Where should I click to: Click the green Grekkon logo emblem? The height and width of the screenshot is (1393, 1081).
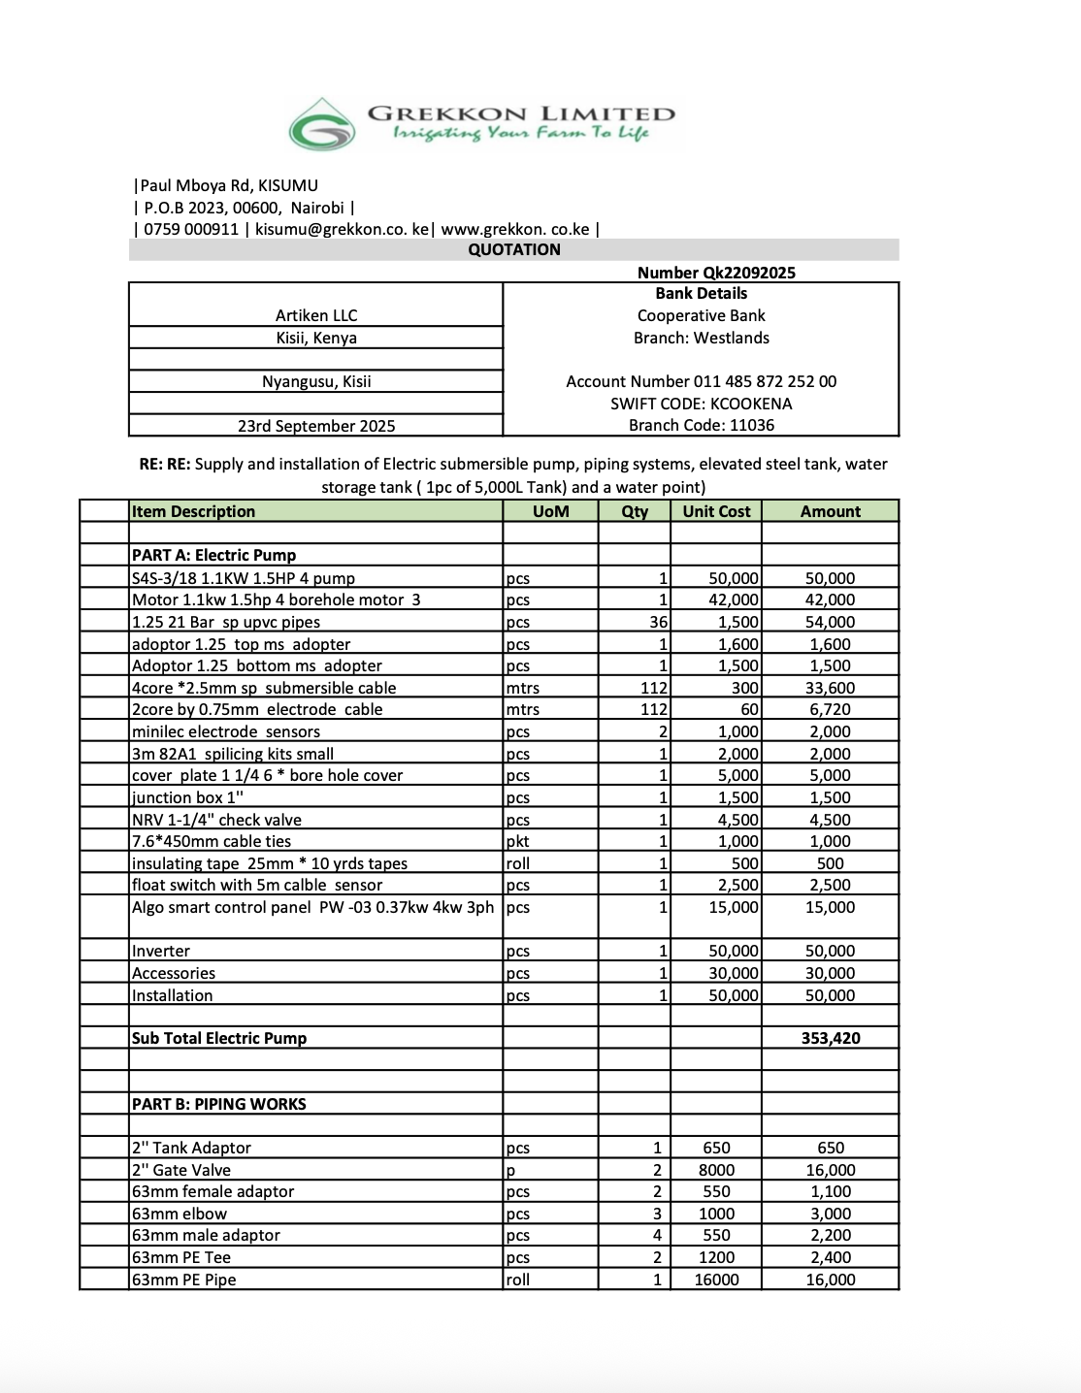[323, 125]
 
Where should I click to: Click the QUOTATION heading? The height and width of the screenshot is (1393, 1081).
[514, 249]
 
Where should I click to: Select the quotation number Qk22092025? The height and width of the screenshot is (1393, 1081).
[716, 273]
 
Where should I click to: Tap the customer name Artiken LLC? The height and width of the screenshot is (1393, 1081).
[316, 315]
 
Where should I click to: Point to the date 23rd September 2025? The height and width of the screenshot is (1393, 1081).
[316, 426]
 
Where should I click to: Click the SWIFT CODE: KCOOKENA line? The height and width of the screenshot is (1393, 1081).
[701, 404]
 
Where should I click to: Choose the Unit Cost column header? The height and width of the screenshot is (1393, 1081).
[716, 511]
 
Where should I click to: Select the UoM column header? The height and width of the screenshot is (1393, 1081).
[550, 511]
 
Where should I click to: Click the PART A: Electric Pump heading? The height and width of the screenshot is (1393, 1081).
[213, 555]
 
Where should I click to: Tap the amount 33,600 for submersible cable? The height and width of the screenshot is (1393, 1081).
[830, 688]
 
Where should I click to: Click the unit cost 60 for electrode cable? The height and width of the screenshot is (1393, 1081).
[749, 709]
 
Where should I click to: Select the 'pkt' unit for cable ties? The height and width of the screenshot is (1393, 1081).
[517, 841]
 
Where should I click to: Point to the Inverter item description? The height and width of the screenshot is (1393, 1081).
[161, 951]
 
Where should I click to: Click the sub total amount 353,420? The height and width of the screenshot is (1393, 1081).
[831, 1038]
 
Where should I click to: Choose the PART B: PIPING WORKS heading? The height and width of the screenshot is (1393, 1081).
[218, 1104]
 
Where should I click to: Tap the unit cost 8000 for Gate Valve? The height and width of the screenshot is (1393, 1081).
[716, 1170]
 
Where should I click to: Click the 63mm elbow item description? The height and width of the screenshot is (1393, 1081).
[180, 1214]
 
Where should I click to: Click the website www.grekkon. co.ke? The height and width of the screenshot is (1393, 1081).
[515, 229]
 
